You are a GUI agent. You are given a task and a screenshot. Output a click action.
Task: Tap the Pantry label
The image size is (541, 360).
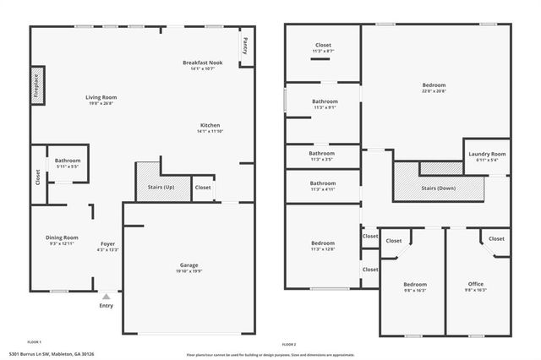pos(244,45)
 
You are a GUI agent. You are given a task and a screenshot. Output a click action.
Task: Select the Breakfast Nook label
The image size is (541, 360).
pos(203,63)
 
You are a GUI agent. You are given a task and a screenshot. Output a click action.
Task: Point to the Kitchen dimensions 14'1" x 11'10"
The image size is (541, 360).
pos(210,131)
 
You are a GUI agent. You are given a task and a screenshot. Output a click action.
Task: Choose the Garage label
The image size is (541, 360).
pos(189,265)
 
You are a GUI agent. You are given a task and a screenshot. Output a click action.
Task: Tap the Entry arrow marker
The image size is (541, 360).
pos(106,297)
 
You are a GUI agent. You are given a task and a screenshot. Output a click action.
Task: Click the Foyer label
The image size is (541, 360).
pos(108,243)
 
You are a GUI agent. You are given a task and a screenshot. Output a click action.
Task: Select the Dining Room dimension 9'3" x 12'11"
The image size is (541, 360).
pos(62,243)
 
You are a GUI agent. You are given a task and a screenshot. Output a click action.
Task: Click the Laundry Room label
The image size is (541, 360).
pos(487,154)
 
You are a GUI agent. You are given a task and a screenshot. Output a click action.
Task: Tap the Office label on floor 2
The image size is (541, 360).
pos(476,284)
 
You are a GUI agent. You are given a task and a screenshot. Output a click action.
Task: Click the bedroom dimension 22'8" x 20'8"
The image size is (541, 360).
pos(434,91)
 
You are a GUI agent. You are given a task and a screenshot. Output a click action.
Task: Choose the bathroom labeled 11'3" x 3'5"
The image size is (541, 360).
pos(323,156)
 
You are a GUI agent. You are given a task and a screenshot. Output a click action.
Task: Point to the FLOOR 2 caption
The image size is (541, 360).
pos(289,346)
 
